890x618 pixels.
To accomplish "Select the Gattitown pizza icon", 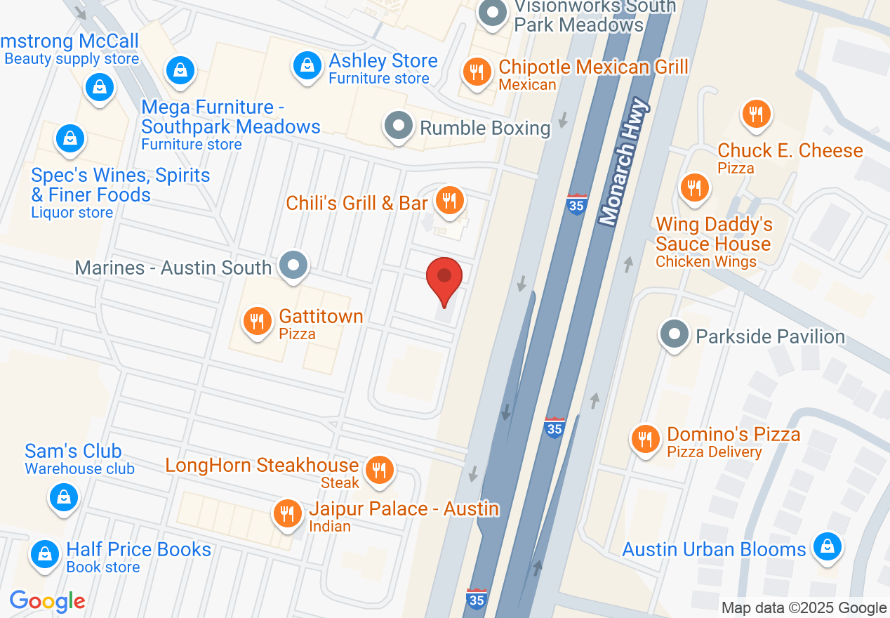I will [x=258, y=322].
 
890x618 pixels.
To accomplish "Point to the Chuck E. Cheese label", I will [x=790, y=150].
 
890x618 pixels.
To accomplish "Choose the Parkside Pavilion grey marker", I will [x=675, y=335].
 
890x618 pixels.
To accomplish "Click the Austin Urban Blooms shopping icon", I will [x=827, y=546].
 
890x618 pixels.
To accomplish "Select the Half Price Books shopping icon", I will [x=45, y=553].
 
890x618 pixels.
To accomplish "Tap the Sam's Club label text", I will [x=73, y=451].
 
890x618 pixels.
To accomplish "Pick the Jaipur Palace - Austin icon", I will [x=286, y=513].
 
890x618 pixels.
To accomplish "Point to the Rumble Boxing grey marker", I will [x=399, y=126].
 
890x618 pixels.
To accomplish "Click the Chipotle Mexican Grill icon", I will [x=477, y=71].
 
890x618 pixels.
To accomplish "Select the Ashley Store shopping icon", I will [x=307, y=66].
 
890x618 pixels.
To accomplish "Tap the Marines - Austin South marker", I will [x=293, y=265].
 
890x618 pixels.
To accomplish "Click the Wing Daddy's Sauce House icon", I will [x=694, y=188].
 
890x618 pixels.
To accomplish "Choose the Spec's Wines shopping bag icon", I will [x=69, y=138].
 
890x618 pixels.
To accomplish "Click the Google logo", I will [x=48, y=601].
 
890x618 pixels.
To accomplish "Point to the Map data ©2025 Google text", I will [x=804, y=608].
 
